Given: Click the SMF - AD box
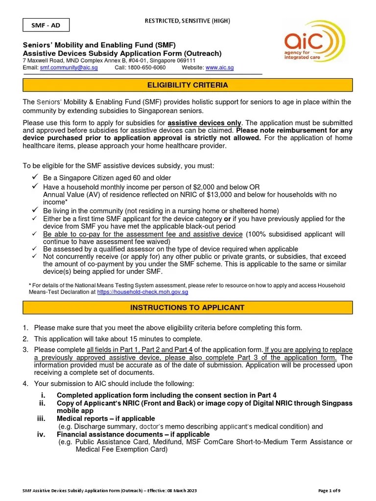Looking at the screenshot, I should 46,24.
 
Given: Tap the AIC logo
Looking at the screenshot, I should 315,42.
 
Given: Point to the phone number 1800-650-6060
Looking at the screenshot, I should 146,68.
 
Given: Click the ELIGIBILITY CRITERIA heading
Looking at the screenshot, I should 188,85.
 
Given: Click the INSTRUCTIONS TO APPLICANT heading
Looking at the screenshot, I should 188,308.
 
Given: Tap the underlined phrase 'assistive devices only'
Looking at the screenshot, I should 204,122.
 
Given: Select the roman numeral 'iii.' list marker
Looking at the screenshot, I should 41,419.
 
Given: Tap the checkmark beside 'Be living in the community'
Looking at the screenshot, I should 35,210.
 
